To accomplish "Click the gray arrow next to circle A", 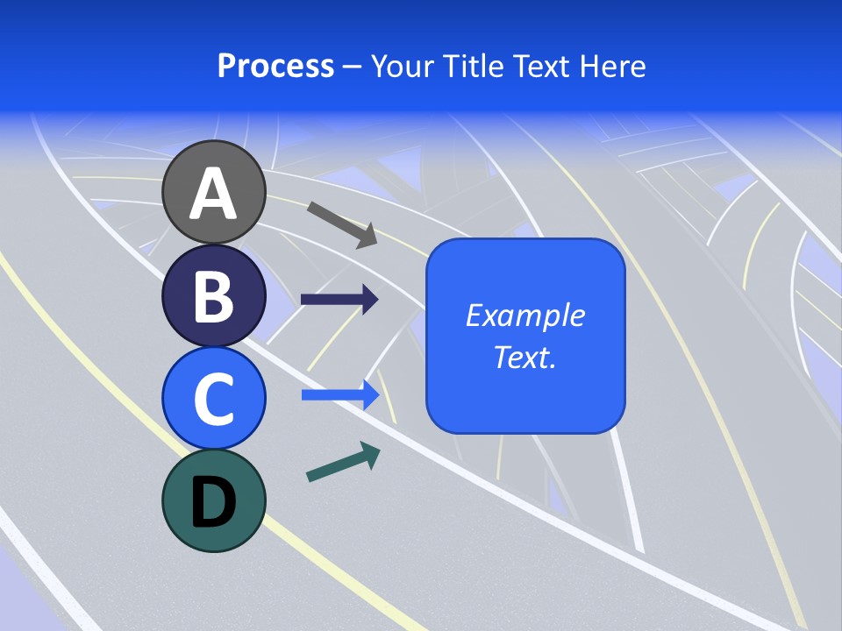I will pyautogui.click(x=342, y=223).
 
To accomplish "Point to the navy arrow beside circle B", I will pyautogui.click(x=339, y=300).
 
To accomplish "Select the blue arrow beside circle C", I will pyautogui.click(x=340, y=395).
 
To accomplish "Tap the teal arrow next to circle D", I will pyautogui.click(x=343, y=463).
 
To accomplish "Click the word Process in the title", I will pyautogui.click(x=275, y=66).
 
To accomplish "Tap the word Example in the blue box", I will pyautogui.click(x=525, y=315).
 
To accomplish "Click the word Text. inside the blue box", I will pyautogui.click(x=525, y=358).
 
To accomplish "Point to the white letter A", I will pyautogui.click(x=213, y=194).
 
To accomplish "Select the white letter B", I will pyautogui.click(x=213, y=295).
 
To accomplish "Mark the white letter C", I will pyautogui.click(x=213, y=397).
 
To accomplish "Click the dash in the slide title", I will pyautogui.click(x=353, y=67).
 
